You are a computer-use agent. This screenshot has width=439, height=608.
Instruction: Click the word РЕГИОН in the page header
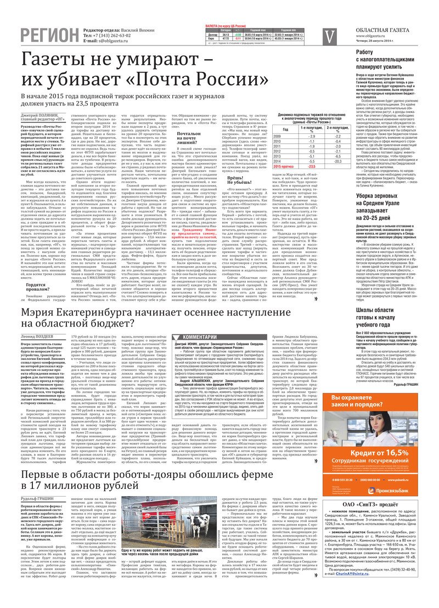coord(49,35)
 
